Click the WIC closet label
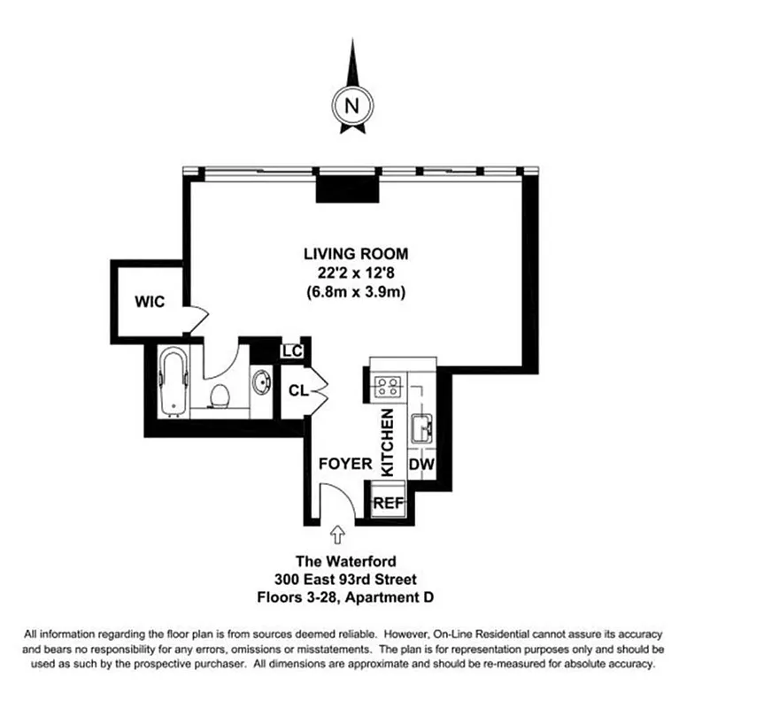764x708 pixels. pos(150,301)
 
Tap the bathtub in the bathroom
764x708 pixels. pos(174,381)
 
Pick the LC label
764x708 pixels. pos(292,350)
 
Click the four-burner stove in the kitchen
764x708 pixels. pos(389,386)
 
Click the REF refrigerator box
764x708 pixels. pos(388,502)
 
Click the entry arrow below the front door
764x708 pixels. pos(337,534)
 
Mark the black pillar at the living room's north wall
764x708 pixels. pos(350,188)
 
